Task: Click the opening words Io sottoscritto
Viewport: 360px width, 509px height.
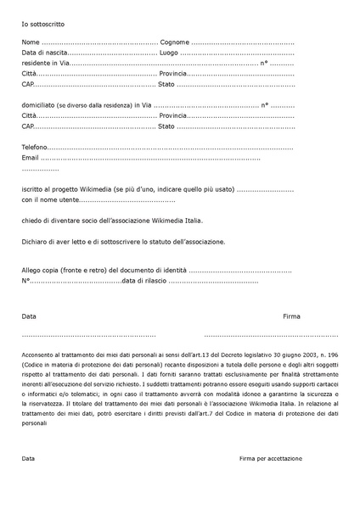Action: (42, 25)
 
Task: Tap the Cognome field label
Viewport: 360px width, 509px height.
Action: (174, 42)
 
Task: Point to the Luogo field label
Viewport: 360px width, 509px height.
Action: (169, 53)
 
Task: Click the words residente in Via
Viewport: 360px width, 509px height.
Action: (46, 63)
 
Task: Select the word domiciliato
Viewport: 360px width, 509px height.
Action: (41, 104)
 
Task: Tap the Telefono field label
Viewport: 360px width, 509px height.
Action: (37, 147)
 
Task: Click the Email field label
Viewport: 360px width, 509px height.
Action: (31, 157)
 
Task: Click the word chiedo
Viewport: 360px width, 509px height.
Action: (32, 221)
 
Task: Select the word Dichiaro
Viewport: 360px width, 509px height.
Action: (36, 241)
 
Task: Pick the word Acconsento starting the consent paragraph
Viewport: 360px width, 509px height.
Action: (41, 352)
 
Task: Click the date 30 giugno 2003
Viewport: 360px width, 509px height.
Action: (281, 352)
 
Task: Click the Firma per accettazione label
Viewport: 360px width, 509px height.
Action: (270, 458)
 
